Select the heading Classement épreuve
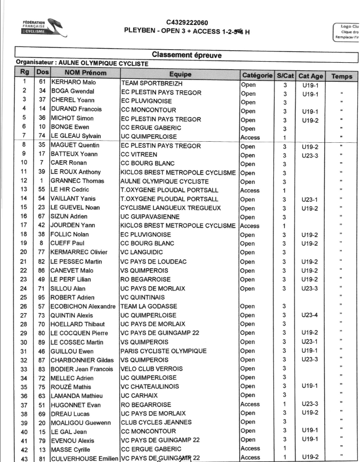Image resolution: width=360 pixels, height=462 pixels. click(187, 55)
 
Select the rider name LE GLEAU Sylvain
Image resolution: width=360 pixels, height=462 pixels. click(77, 137)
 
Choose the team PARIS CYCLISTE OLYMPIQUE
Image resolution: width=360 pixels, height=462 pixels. click(163, 351)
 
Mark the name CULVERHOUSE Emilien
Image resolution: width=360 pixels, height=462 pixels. click(85, 458)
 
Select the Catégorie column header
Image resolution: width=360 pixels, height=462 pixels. click(256, 74)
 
